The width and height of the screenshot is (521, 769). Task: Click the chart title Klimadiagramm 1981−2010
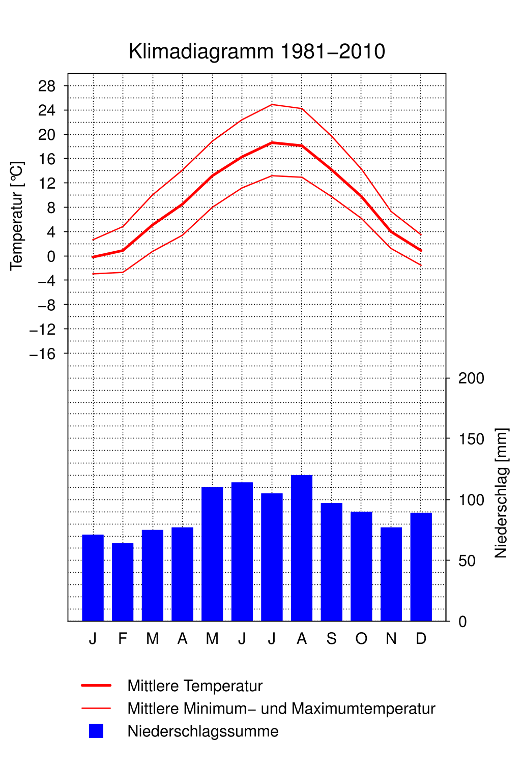pyautogui.click(x=257, y=52)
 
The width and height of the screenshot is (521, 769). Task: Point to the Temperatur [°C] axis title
pyautogui.click(x=17, y=216)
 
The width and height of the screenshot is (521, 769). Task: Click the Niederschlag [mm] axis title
pyautogui.click(x=501, y=493)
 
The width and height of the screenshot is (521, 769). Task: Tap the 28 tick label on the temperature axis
pyautogui.click(x=47, y=86)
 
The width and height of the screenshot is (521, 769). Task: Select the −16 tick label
pyautogui.click(x=43, y=353)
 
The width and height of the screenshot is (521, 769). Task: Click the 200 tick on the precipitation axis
pyautogui.click(x=471, y=378)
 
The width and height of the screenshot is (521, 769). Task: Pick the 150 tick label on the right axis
pyautogui.click(x=471, y=439)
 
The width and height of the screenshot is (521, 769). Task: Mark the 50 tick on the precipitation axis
pyautogui.click(x=467, y=561)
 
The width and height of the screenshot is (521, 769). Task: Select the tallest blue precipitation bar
pyautogui.click(x=302, y=548)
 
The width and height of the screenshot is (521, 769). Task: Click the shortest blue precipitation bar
pyautogui.click(x=123, y=582)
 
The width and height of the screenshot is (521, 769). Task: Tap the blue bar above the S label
pyautogui.click(x=332, y=562)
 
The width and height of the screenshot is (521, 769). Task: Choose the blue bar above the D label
pyautogui.click(x=421, y=567)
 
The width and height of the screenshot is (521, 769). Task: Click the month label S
pyautogui.click(x=332, y=639)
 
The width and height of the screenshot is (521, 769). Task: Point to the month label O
pyautogui.click(x=361, y=639)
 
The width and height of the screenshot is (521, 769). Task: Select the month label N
pyautogui.click(x=391, y=639)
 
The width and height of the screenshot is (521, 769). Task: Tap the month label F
pyautogui.click(x=123, y=639)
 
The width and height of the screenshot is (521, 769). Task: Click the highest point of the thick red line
pyautogui.click(x=272, y=143)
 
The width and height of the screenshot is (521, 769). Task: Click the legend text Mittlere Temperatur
pyautogui.click(x=195, y=686)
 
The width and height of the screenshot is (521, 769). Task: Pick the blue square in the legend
pyautogui.click(x=96, y=731)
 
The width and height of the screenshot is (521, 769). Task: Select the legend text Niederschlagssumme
pyautogui.click(x=203, y=731)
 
